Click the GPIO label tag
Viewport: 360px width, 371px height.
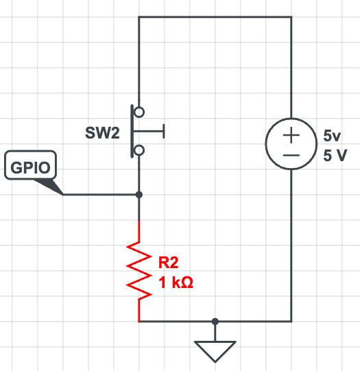tap(30, 167)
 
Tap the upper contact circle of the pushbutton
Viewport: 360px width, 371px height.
tap(139, 111)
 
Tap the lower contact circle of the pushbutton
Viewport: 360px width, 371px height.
tap(139, 149)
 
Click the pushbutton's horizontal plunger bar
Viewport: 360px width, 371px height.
tap(149, 130)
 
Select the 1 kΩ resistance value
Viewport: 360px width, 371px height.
tap(175, 281)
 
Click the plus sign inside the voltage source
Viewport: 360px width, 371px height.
tap(291, 136)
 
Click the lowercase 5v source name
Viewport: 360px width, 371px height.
tap(331, 136)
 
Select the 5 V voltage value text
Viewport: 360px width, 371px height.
tap(335, 155)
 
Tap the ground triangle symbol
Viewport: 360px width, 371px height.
tap(215, 351)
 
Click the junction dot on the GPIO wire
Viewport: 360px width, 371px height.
tap(139, 195)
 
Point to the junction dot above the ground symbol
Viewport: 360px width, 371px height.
tap(215, 321)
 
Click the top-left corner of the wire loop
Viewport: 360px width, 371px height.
tap(139, 17)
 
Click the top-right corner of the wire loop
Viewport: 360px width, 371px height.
tap(291, 17)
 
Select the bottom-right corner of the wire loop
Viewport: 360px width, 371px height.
tap(291, 321)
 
